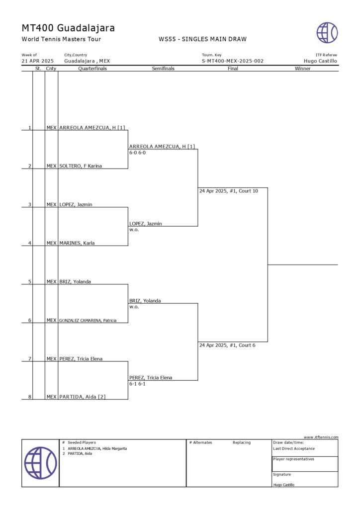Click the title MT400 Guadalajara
tap(68, 28)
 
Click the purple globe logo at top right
tap(327, 33)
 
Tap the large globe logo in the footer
tap(40, 463)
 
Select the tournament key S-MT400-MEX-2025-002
tap(232, 61)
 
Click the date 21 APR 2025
tap(38, 61)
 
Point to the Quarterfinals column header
tap(92, 69)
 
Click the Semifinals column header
tap(163, 69)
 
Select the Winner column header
tap(302, 69)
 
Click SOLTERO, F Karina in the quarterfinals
tap(81, 166)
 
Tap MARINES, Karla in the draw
tap(77, 243)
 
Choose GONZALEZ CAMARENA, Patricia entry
tap(88, 321)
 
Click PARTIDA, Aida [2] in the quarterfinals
tap(82, 397)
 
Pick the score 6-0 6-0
tap(137, 153)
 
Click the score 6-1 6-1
tap(137, 384)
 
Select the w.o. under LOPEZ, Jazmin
tap(134, 230)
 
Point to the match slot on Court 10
tap(228, 191)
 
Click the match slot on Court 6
tap(227, 345)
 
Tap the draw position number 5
tap(30, 282)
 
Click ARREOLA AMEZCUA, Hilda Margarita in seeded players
tap(97, 448)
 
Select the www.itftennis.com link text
tap(321, 437)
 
